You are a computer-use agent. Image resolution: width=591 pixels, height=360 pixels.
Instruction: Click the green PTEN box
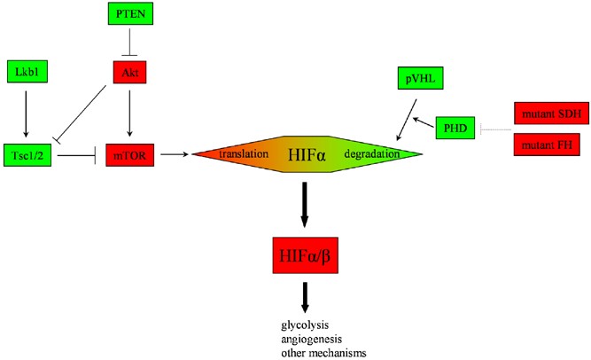[128, 14]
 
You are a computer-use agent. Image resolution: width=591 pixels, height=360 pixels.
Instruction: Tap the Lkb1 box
[24, 71]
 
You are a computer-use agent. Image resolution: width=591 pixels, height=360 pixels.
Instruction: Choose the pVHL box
[419, 80]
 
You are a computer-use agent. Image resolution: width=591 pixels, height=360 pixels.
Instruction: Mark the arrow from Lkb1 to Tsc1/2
[24, 112]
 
